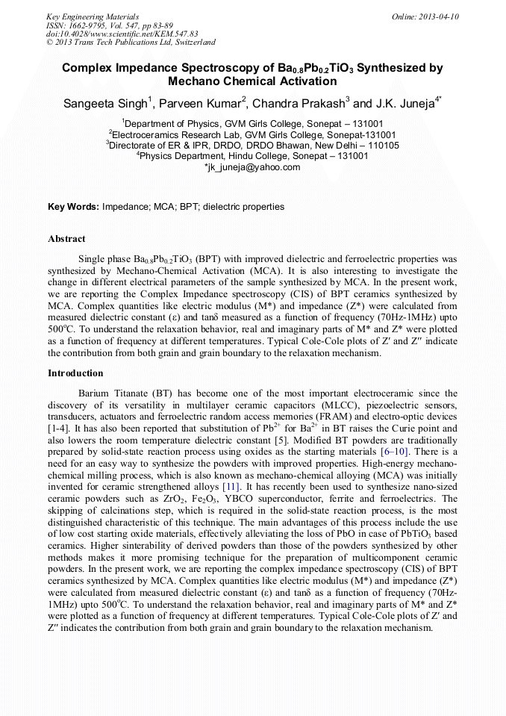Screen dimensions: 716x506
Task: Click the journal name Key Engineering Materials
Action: click(93, 16)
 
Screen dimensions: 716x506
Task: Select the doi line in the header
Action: click(122, 34)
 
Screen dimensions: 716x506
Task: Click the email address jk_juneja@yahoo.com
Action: click(252, 168)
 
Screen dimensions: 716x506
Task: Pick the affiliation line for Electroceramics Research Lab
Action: click(253, 134)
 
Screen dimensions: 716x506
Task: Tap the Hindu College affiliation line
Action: click(253, 157)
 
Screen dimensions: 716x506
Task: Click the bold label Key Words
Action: click(73, 206)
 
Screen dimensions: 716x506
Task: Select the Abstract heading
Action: click(66, 239)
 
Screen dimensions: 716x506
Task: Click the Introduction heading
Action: click(75, 373)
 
